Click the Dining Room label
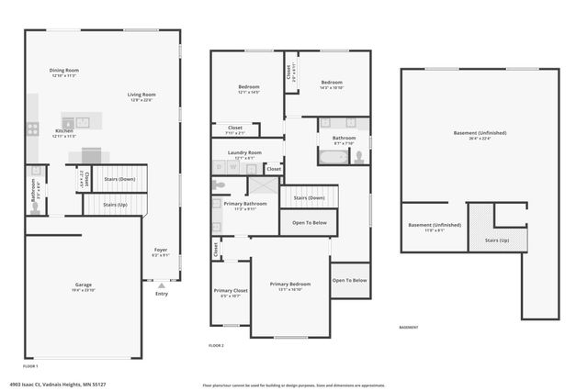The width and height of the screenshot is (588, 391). coord(64,71)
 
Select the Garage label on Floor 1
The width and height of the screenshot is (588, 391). coord(82,285)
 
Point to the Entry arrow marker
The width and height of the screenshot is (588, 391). coord(162,286)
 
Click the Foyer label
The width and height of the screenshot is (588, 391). coord(161,250)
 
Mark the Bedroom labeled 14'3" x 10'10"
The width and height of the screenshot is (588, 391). coord(332,84)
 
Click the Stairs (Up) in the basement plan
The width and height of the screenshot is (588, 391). coord(496,240)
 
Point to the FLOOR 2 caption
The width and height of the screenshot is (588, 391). coord(217,345)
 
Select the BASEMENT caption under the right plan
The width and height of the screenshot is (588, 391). coord(408,328)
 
